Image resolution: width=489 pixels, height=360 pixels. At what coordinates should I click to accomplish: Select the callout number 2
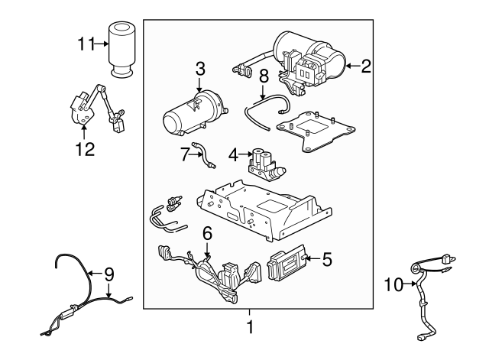pos(365,66)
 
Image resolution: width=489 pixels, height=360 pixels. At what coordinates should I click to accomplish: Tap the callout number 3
pos(200,69)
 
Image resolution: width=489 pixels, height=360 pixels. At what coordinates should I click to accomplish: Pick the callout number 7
pos(184,154)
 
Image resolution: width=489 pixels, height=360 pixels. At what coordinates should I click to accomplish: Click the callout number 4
pos(233,155)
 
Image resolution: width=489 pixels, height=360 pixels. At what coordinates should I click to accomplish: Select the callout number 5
pos(326,260)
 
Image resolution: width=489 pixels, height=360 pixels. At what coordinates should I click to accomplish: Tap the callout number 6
pos(206,232)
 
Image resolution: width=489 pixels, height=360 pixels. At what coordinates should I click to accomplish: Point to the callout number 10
pos(393,285)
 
